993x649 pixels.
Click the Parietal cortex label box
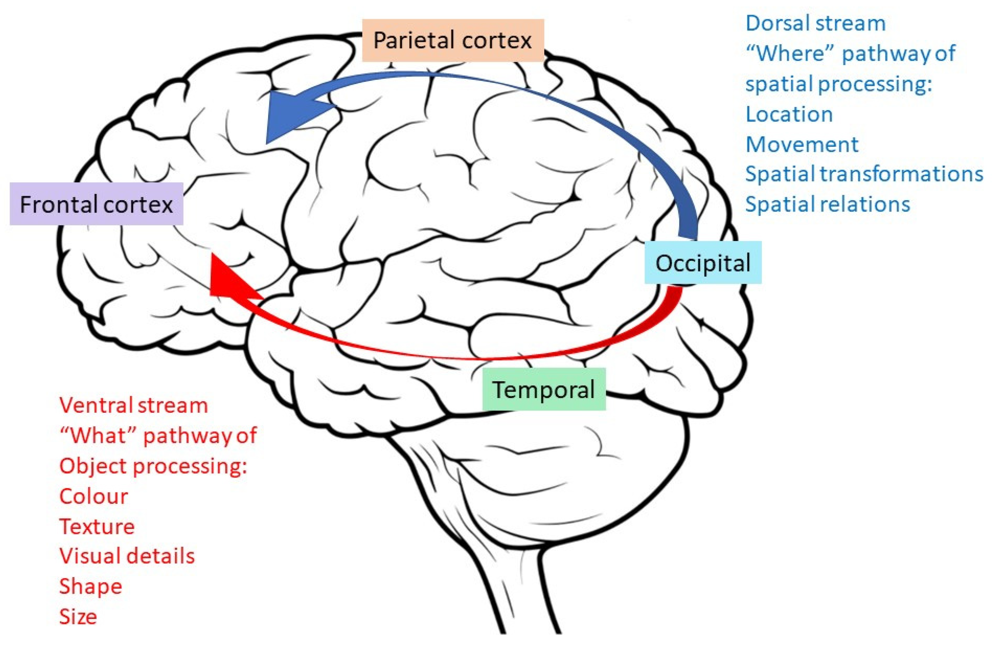click(453, 40)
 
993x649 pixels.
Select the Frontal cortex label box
click(96, 204)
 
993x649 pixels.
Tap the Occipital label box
click(703, 263)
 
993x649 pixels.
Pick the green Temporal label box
click(544, 389)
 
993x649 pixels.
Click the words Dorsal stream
click(815, 23)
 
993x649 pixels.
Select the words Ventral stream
click(134, 405)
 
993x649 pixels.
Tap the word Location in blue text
click(789, 114)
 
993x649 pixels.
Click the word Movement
click(802, 144)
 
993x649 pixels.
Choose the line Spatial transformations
click(864, 174)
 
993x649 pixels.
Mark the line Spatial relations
click(827, 204)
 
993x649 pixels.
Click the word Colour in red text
click(94, 496)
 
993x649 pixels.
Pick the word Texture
click(97, 526)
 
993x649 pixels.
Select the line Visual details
click(127, 556)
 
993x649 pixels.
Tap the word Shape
click(90, 587)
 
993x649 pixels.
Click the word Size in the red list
click(78, 616)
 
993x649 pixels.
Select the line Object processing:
click(153, 466)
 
